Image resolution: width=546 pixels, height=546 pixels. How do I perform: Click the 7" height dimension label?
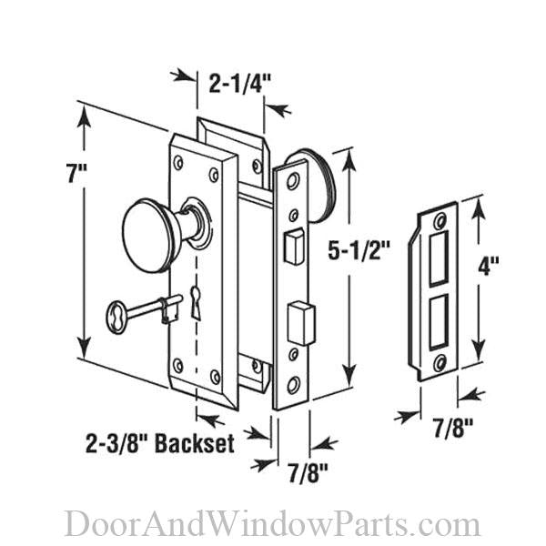(75, 175)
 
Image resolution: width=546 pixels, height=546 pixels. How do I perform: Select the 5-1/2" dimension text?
(361, 250)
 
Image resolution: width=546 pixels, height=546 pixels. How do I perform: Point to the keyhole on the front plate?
(196, 303)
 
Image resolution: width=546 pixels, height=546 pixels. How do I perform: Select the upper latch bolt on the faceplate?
(292, 247)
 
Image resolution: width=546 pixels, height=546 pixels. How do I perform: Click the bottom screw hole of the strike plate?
(440, 363)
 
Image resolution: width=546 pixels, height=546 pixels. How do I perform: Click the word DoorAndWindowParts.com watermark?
(272, 525)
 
